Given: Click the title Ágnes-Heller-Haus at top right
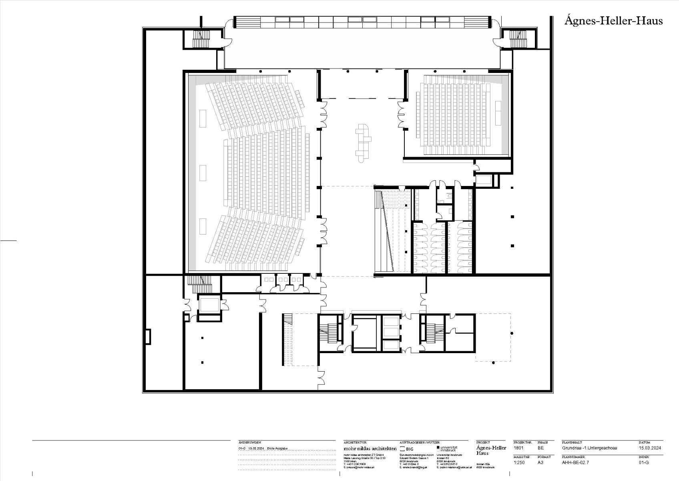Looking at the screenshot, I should (x=613, y=21).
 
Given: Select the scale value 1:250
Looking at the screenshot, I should (x=519, y=462).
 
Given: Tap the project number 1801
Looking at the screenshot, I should (x=518, y=448).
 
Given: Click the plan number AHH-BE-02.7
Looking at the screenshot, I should (x=575, y=462).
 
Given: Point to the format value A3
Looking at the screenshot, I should (x=540, y=462).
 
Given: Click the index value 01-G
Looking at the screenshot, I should (x=644, y=462).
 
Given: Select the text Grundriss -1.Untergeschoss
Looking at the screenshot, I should (x=589, y=448).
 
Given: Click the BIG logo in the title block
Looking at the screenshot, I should (x=407, y=449).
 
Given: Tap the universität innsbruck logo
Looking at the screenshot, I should (x=447, y=449).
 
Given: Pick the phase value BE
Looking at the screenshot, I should (x=540, y=448).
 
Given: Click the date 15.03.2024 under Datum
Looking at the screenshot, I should (x=650, y=448).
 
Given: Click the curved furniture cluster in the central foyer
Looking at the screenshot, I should (x=364, y=142).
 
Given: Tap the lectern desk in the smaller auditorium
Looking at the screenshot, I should (x=498, y=113).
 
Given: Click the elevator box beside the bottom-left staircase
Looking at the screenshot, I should (x=209, y=305).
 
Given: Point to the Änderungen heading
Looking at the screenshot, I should (x=250, y=442).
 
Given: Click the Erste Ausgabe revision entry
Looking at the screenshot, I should (x=277, y=449).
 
